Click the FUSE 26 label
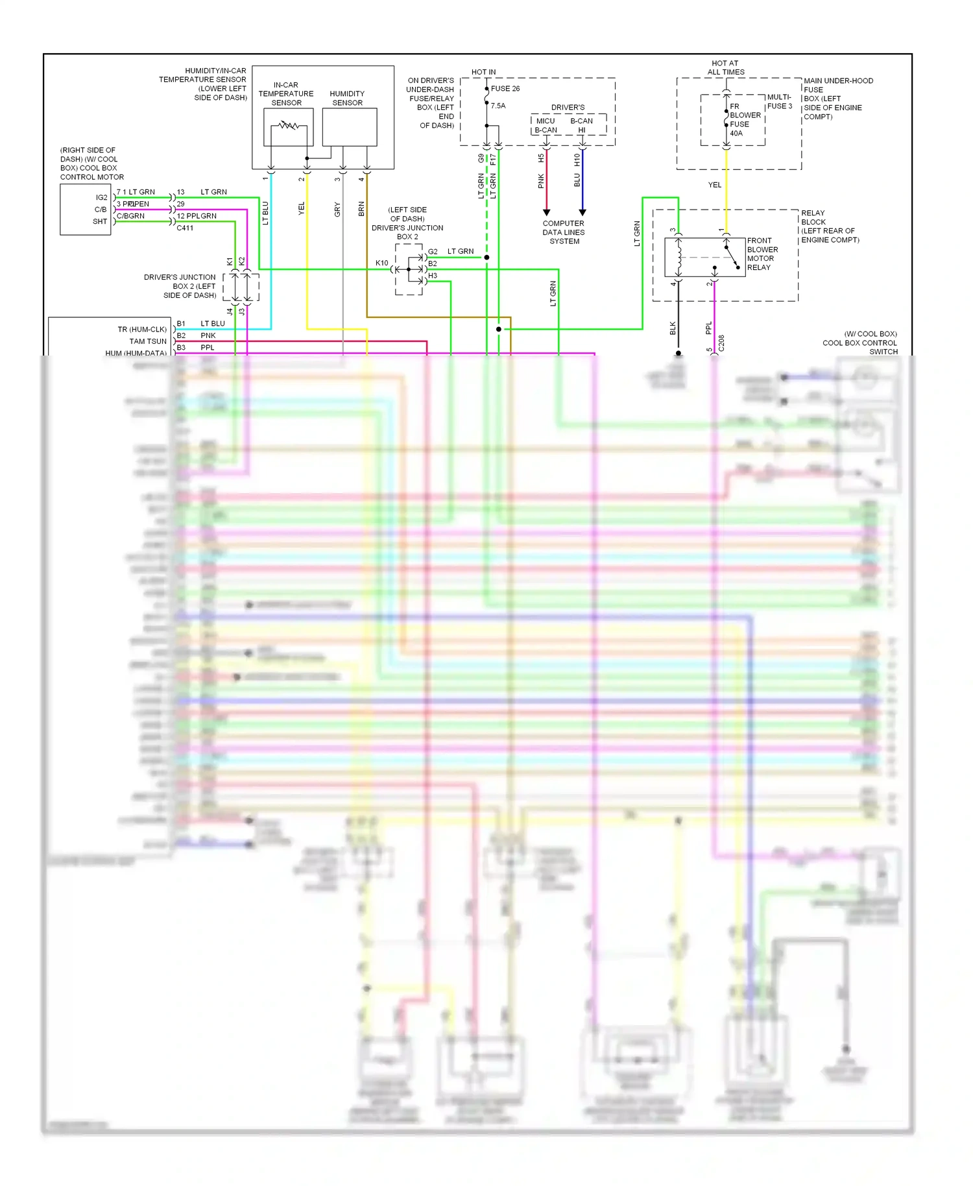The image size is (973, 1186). pyautogui.click(x=505, y=88)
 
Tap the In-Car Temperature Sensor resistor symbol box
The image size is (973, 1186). pyautogui.click(x=288, y=127)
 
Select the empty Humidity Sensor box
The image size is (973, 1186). pyautogui.click(x=349, y=127)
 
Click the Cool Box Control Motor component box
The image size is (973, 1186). pyautogui.click(x=85, y=209)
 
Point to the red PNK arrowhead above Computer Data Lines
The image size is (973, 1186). pyautogui.click(x=546, y=212)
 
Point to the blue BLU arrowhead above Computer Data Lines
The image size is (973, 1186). pyautogui.click(x=583, y=212)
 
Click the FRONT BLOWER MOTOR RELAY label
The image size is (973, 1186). pyautogui.click(x=762, y=254)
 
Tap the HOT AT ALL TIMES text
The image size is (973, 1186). pyautogui.click(x=725, y=67)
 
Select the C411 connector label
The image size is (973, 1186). pyautogui.click(x=185, y=228)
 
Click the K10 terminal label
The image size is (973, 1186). pyautogui.click(x=381, y=263)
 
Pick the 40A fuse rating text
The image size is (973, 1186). pyautogui.click(x=736, y=133)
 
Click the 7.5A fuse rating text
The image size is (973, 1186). pyautogui.click(x=498, y=106)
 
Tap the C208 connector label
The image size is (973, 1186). pyautogui.click(x=721, y=343)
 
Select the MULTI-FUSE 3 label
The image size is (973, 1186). pyautogui.click(x=779, y=101)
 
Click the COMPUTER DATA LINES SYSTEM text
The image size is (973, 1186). pyautogui.click(x=564, y=232)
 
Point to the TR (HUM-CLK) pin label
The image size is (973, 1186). pyautogui.click(x=142, y=329)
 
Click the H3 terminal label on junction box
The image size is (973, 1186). pyautogui.click(x=433, y=276)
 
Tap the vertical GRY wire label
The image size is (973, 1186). pyautogui.click(x=337, y=210)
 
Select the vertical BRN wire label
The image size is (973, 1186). pyautogui.click(x=361, y=209)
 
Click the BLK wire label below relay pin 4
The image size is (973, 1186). pyautogui.click(x=673, y=328)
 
